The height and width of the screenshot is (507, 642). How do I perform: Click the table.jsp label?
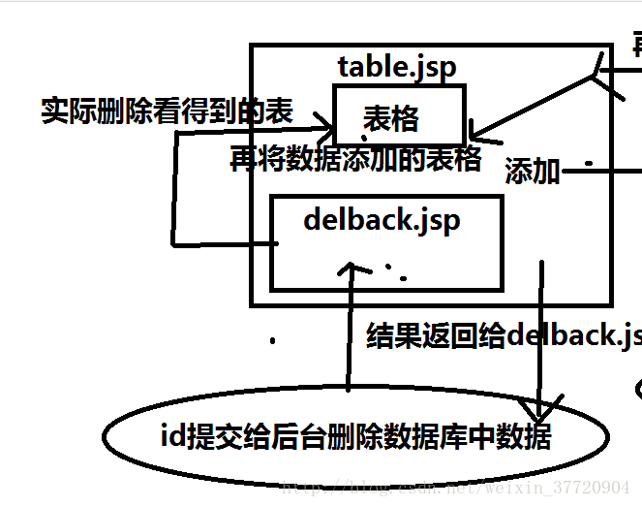[396, 67]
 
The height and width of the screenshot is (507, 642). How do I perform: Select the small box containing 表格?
[399, 115]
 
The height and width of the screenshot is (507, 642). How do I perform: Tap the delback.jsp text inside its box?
[381, 220]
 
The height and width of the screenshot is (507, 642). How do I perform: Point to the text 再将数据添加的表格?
[355, 159]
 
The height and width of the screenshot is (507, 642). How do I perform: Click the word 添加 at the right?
[533, 173]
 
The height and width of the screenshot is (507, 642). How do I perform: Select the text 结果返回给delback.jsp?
[504, 335]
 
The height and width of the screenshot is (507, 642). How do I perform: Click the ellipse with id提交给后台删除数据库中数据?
[355, 437]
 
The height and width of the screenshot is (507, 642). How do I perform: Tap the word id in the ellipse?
[171, 437]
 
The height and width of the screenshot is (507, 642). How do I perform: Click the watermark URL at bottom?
[455, 487]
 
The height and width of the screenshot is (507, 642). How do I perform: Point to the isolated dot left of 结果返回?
[273, 340]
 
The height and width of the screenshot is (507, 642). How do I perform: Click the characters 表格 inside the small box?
[391, 118]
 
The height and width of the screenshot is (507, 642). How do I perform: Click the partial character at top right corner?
[636, 44]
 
